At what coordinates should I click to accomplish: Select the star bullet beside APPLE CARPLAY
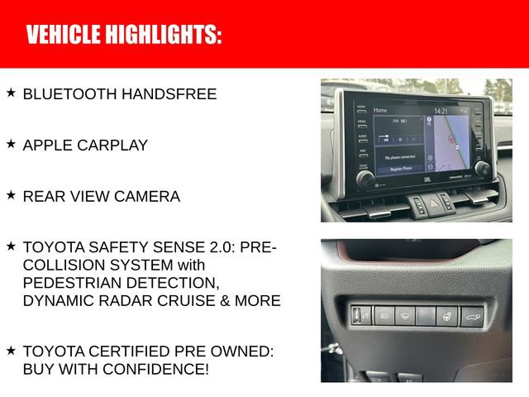(x=11, y=144)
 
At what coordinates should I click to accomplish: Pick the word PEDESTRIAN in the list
(x=65, y=283)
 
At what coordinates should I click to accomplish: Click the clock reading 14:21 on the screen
(x=441, y=111)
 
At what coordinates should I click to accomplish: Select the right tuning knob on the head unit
(x=481, y=168)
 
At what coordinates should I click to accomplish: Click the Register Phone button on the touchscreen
(x=400, y=168)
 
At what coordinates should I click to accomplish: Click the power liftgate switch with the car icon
(x=472, y=316)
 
